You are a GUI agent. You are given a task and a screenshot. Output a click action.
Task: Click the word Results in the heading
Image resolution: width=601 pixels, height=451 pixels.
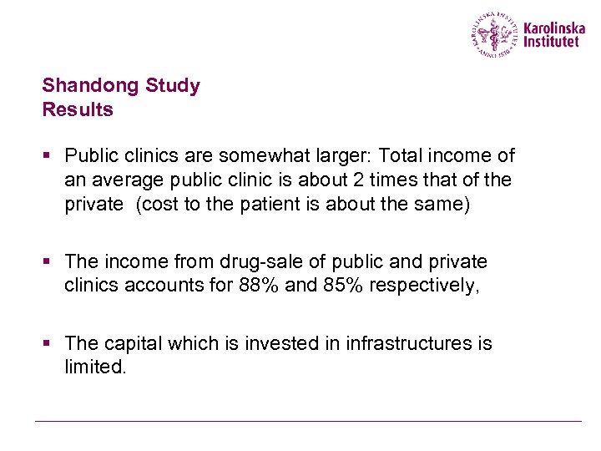(x=78, y=109)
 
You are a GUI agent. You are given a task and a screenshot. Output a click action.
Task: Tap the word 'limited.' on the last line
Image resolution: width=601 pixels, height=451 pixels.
(x=95, y=367)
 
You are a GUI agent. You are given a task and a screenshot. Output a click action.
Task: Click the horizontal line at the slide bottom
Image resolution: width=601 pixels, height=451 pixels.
(x=308, y=421)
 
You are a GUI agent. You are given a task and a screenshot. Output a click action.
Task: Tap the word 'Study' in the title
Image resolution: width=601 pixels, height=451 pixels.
(x=173, y=85)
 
